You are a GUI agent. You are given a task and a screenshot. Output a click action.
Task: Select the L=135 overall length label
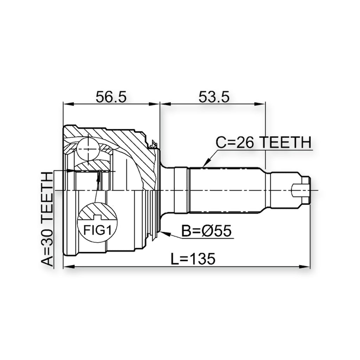pos(193,259)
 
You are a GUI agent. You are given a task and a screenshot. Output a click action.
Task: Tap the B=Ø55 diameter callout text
pos(206,231)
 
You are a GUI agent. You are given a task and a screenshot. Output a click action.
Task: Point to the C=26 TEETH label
pos(263,142)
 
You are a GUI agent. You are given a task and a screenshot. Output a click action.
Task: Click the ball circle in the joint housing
pos(88,149)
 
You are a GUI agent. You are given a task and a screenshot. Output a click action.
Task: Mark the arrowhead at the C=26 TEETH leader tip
pos(205,163)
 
